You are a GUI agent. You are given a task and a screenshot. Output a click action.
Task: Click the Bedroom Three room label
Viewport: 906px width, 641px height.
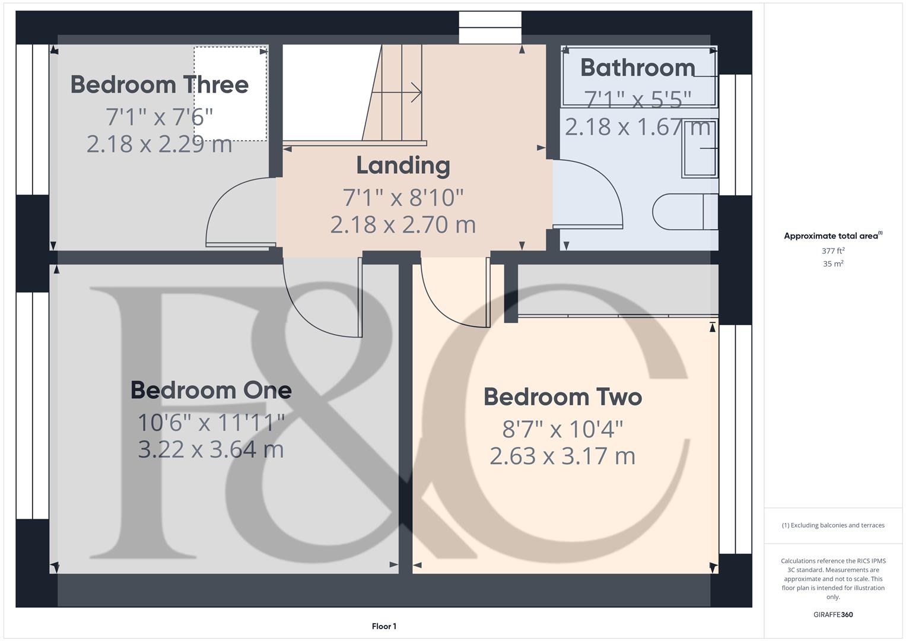[x=159, y=85]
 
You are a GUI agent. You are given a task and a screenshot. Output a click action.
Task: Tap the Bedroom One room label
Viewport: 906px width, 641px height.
[x=211, y=391]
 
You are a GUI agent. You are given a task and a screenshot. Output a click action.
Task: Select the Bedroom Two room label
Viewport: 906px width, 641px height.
[x=562, y=397]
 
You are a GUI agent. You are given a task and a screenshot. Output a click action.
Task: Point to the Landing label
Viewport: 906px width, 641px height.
[x=403, y=166]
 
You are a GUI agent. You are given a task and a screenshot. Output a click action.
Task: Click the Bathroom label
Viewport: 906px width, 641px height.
[x=637, y=68]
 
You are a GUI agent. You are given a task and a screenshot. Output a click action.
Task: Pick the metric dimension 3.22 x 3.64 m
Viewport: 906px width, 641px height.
[x=211, y=449]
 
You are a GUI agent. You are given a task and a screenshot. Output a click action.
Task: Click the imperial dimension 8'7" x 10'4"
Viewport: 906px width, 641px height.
[x=562, y=429]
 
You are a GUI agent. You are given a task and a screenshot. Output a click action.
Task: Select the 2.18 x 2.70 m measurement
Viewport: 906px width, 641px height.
[x=403, y=225]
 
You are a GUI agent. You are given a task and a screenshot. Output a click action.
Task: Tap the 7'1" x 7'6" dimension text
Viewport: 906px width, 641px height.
[x=159, y=117]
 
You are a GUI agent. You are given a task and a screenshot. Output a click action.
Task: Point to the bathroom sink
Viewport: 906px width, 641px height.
[x=700, y=148]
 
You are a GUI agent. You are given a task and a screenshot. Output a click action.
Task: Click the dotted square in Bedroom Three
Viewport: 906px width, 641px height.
[x=230, y=94]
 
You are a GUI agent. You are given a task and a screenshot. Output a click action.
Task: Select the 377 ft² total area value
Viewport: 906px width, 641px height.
[x=833, y=251]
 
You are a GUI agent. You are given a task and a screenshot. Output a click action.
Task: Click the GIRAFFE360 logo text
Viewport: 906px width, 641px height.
[x=833, y=615]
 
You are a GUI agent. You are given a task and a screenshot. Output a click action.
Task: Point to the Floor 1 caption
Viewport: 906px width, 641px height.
[x=384, y=626]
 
